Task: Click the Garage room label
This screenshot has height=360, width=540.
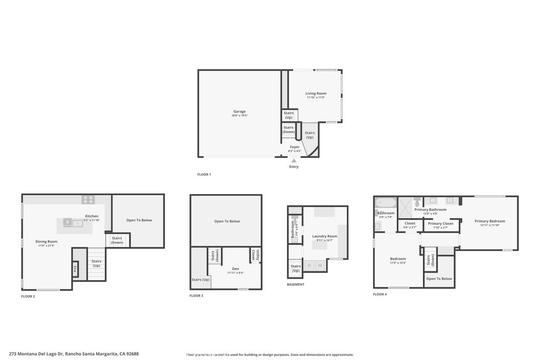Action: click(x=240, y=111)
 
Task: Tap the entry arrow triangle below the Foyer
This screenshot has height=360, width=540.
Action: click(x=294, y=160)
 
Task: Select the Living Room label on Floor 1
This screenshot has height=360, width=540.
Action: click(x=316, y=93)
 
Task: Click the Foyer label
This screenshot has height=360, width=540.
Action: click(x=295, y=147)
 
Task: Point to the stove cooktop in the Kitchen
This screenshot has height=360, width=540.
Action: click(x=88, y=200)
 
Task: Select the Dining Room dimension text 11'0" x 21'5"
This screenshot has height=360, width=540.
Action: click(x=46, y=246)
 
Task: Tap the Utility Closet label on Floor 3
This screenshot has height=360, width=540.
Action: click(x=253, y=255)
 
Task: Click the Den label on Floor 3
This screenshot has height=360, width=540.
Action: click(x=235, y=269)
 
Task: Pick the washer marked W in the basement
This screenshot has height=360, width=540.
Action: click(x=320, y=265)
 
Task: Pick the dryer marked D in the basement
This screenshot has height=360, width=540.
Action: click(x=309, y=265)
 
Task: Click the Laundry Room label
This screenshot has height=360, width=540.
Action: click(x=324, y=236)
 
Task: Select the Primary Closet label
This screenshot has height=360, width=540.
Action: click(x=440, y=223)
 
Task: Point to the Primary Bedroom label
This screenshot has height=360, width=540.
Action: click(x=489, y=221)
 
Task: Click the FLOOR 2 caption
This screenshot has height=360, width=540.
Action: click(x=28, y=296)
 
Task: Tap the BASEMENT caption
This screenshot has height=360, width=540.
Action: click(x=295, y=284)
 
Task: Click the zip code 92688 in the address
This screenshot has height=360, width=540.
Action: click(x=132, y=354)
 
